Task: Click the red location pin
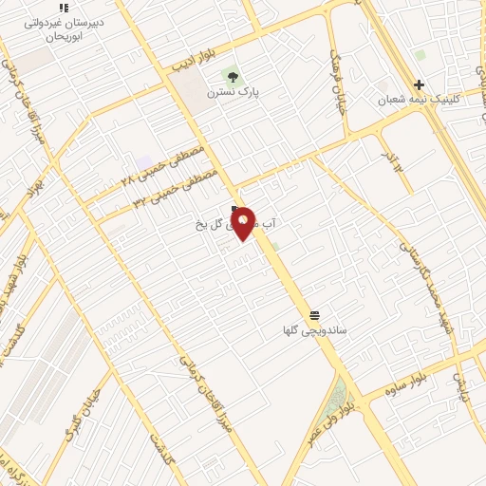[243, 222]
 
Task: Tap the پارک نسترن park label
[235, 92]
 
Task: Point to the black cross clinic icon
[419, 84]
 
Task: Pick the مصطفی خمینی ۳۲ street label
[176, 187]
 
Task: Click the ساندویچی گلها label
[315, 331]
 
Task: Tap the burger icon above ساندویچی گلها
[314, 315]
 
